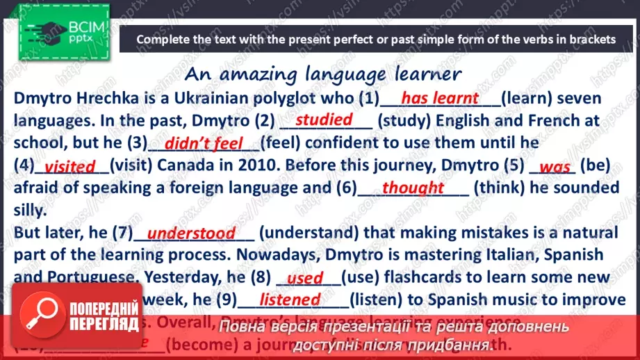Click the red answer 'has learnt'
coord(439,98)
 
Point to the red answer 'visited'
coord(69,167)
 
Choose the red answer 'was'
coord(555,167)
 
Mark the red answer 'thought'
coord(413,188)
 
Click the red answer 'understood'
coord(191,234)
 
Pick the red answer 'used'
coord(305,279)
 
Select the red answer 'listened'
coord(290,300)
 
